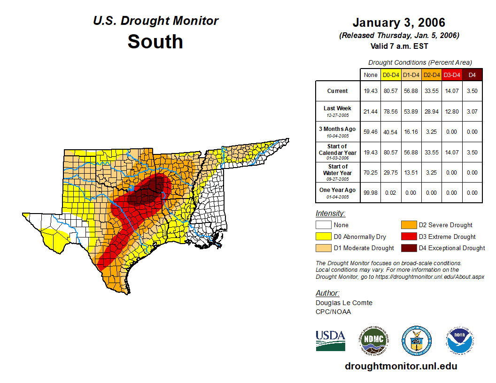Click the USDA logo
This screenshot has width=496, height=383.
(x=330, y=340)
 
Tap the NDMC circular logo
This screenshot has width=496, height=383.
(x=373, y=340)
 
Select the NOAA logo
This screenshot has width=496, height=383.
(x=460, y=340)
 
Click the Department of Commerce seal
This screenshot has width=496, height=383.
(x=416, y=340)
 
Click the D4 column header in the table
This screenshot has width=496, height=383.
(x=472, y=75)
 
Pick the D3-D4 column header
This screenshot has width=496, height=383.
(x=452, y=75)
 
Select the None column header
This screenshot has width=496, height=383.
(x=370, y=75)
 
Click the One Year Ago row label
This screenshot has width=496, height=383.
(x=337, y=190)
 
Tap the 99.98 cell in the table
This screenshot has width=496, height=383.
(x=370, y=192)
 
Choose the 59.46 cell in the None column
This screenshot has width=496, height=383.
(x=370, y=131)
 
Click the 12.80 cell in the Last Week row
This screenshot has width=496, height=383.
(x=452, y=111)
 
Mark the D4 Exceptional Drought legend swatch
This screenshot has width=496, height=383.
(x=408, y=248)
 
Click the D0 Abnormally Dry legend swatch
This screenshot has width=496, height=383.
(x=323, y=237)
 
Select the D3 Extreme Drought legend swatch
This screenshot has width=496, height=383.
(x=408, y=237)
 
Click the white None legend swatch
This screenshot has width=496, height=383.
(x=323, y=225)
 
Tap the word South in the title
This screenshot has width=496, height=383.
(x=155, y=42)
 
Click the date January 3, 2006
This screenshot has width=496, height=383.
(x=399, y=23)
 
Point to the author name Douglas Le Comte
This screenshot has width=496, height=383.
(x=344, y=303)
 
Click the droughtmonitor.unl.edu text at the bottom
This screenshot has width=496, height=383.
(x=401, y=366)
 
